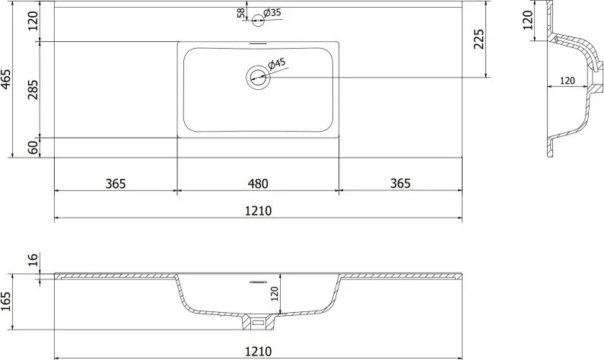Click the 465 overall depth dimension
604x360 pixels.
click(x=6, y=79)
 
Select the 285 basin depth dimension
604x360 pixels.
click(x=33, y=89)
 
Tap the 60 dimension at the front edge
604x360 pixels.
click(x=34, y=148)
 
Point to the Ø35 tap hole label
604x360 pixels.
click(x=272, y=13)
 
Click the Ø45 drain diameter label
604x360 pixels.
click(x=277, y=64)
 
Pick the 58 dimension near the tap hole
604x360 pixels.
click(x=241, y=13)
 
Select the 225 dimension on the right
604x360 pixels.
click(x=478, y=39)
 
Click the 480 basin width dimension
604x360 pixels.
click(x=258, y=183)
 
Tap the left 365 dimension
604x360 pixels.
click(x=116, y=183)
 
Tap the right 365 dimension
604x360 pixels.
click(x=401, y=183)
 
